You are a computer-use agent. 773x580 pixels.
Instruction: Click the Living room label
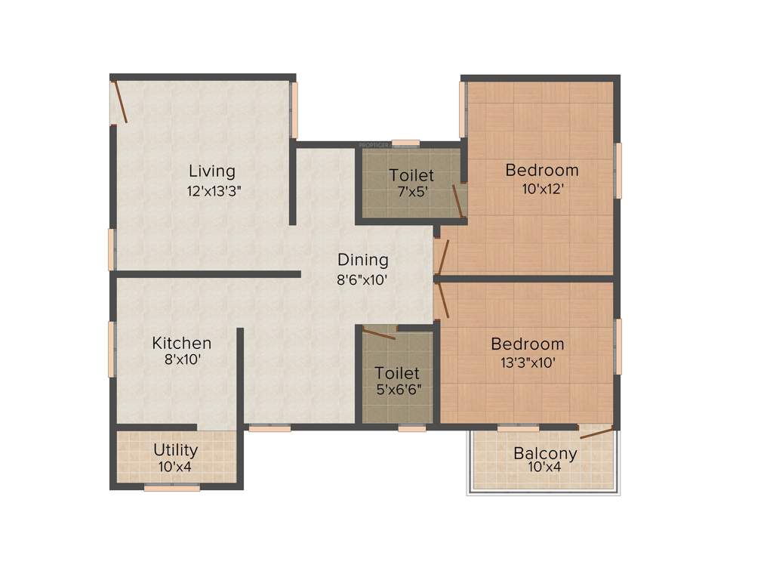(212, 171)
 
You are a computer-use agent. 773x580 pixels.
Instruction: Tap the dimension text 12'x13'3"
(214, 191)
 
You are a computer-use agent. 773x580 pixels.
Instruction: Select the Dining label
(363, 261)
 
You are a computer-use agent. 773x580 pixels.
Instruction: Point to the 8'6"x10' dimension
(363, 279)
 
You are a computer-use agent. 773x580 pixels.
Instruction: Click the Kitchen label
(182, 344)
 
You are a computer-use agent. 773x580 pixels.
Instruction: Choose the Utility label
(176, 450)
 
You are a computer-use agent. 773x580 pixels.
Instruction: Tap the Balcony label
(545, 454)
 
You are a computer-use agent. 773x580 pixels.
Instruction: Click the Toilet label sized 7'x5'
(411, 176)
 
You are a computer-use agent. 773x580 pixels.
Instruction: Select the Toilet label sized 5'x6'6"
(398, 373)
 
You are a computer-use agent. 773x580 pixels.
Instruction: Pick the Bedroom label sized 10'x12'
(542, 170)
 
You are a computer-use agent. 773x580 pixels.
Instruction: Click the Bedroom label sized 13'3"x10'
(528, 344)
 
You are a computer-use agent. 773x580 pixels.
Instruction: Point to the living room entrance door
(119, 102)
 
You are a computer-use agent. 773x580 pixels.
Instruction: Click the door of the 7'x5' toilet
(457, 201)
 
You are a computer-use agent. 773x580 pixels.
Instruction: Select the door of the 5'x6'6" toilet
(379, 333)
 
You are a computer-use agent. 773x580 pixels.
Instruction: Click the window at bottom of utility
(172, 488)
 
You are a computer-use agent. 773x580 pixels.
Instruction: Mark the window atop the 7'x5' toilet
(406, 143)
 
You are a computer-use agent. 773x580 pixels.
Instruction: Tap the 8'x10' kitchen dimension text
(182, 360)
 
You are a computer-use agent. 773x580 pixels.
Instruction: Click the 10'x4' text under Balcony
(545, 467)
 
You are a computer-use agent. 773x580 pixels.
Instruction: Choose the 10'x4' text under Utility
(176, 466)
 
